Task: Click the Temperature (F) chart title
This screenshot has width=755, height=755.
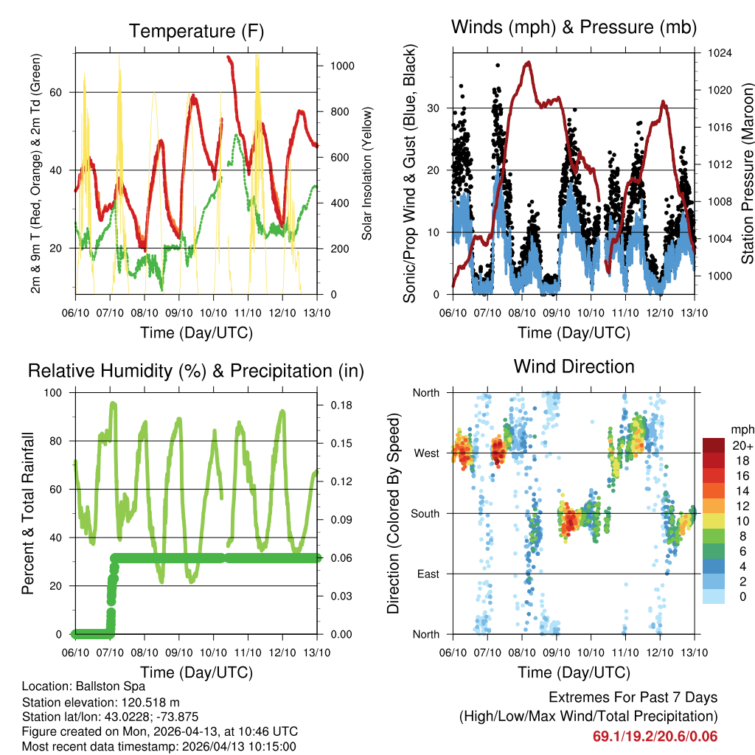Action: point(196,31)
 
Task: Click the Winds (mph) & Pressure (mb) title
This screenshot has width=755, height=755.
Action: point(574,27)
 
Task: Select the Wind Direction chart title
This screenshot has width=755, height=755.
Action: point(574,366)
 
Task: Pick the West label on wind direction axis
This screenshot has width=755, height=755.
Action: point(426,453)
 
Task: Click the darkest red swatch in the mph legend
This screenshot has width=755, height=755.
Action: point(713,445)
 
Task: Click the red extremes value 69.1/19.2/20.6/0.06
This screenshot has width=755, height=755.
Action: point(655,737)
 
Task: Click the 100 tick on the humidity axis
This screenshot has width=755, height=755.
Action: point(55,392)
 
